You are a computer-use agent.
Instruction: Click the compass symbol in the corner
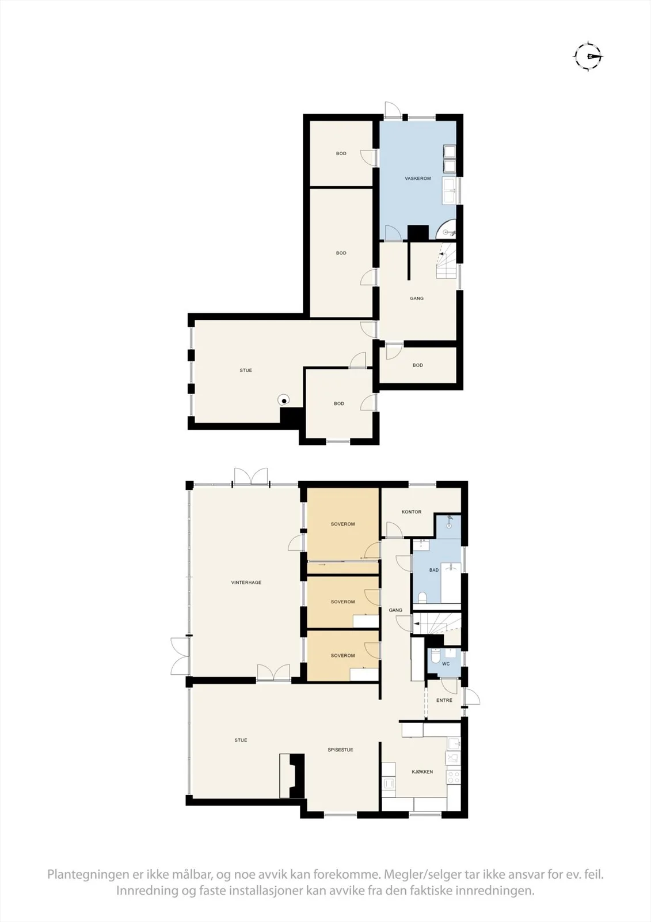[588, 56]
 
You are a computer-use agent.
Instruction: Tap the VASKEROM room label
[417, 179]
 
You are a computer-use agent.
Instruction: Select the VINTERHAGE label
[246, 583]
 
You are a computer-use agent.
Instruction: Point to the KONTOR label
[411, 512]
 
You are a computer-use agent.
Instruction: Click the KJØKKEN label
[422, 772]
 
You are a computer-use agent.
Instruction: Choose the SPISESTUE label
[341, 750]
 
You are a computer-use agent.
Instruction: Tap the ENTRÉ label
[444, 700]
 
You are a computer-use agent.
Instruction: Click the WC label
[446, 663]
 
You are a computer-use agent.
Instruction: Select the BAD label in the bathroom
[434, 570]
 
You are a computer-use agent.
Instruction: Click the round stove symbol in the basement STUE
[283, 399]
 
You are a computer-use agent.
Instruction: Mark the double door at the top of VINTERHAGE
[251, 477]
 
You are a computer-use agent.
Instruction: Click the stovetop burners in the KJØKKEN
[453, 777]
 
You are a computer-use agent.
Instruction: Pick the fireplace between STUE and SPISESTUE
[292, 776]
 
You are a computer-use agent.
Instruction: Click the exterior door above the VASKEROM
[393, 109]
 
